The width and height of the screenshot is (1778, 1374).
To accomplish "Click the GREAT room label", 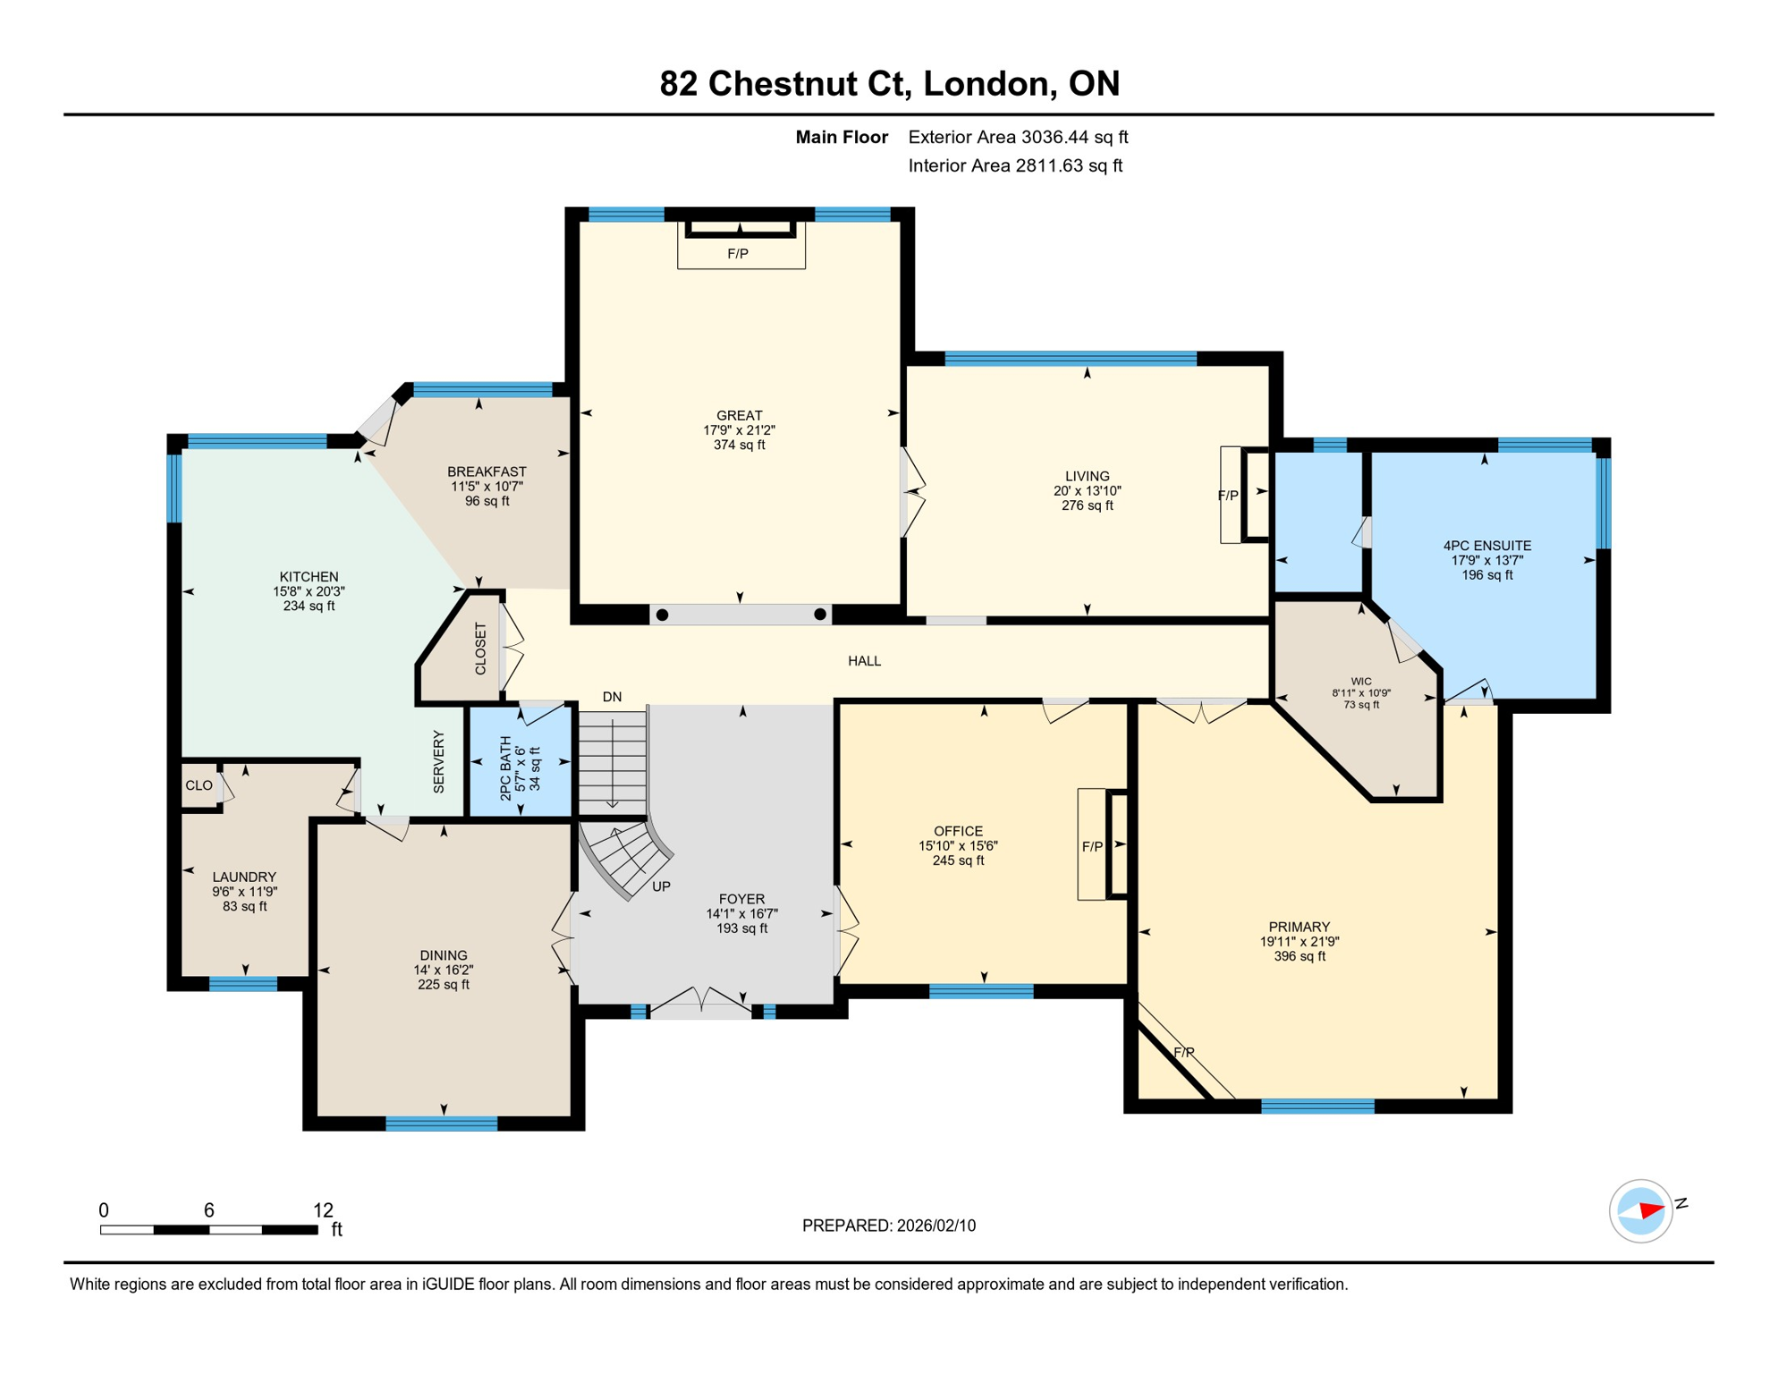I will coord(739,415).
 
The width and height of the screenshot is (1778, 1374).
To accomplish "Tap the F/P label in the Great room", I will coord(738,254).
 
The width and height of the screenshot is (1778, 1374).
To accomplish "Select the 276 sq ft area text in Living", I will coord(1087,505).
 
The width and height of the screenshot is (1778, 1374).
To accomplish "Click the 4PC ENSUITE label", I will coord(1486,546).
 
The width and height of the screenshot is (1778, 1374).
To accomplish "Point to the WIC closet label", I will coord(1360,682).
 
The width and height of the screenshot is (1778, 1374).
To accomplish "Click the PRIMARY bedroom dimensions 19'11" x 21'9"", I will coord(1299,942).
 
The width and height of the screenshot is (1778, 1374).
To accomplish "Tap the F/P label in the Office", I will coord(1092,846).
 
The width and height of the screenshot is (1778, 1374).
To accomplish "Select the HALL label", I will coord(864,661).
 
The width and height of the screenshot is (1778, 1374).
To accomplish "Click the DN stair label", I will coord(612,697).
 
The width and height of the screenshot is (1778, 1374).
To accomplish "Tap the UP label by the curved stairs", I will coord(661,886).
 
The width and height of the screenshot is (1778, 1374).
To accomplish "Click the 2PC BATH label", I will coord(506,768).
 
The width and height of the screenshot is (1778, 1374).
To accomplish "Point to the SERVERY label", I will coord(438,761).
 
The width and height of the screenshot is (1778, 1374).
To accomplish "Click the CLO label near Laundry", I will coord(199,785).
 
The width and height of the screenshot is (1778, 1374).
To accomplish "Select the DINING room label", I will coord(444,955).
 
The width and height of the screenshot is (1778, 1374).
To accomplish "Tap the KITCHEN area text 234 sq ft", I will coord(309,606).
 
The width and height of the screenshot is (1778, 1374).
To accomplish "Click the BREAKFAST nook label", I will coord(487,471).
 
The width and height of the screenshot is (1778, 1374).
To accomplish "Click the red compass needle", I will coord(1650,1211).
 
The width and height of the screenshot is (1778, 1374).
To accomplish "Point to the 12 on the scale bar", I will coord(323,1210).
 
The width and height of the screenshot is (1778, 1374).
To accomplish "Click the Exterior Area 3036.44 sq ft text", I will coord(1018,137).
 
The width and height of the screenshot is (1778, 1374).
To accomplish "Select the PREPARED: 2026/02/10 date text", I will coord(888,1226).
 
